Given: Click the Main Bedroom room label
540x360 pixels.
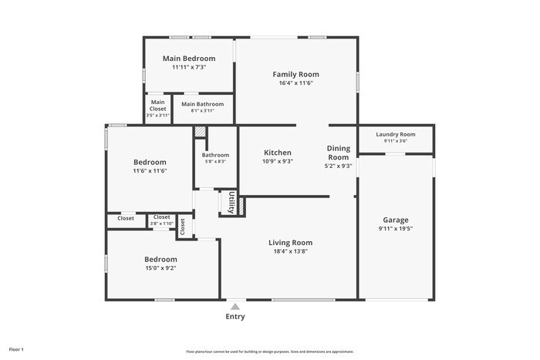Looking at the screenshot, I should coord(189,58).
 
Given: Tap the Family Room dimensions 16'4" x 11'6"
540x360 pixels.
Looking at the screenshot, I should coord(295,82).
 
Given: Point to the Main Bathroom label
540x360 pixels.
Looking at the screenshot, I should coord(202,104).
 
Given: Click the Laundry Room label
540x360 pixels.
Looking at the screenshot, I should coord(396,134).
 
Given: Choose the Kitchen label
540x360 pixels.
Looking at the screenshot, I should coord(278,153).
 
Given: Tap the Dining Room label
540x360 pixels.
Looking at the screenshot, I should coord(338,153).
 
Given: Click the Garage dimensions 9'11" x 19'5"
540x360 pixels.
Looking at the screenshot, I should coord(396,228).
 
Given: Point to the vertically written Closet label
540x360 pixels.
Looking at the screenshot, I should coord(183,226).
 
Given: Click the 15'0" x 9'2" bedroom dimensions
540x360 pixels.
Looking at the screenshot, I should coord(160,268).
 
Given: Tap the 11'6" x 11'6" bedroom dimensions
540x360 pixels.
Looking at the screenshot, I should coord(150,170).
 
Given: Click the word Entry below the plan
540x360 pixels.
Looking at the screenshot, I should coord(235,317).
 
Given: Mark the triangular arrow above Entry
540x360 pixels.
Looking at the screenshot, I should coord(235,304).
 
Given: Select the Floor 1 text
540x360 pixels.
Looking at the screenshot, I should coord(16,350).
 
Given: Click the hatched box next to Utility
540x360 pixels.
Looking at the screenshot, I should coord(240,206).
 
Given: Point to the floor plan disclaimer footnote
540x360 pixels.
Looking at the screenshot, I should coord(270,352).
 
